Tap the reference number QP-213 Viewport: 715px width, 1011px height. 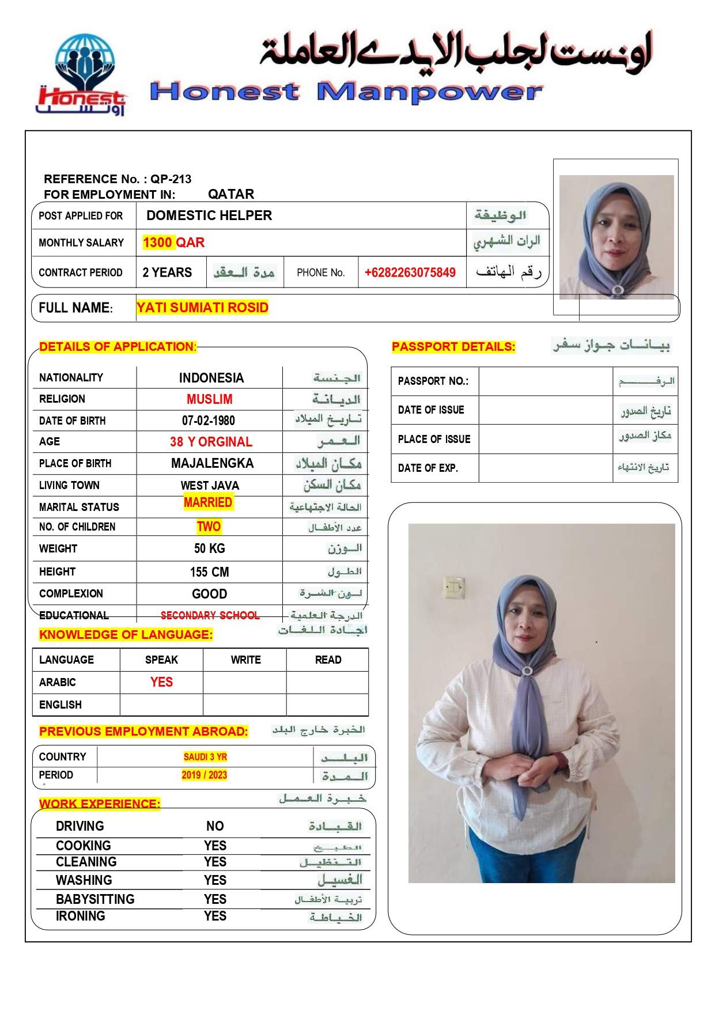pyautogui.click(x=171, y=179)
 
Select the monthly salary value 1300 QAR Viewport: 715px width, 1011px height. pyautogui.click(x=173, y=243)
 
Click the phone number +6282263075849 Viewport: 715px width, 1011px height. pyautogui.click(x=410, y=272)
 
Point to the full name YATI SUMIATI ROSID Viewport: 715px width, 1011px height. pyautogui.click(x=202, y=308)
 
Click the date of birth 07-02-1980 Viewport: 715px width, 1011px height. pyautogui.click(x=208, y=421)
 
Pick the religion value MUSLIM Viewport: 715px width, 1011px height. pyautogui.click(x=209, y=399)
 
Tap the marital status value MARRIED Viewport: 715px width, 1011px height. pyautogui.click(x=208, y=502)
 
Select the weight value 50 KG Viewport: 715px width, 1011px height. pyautogui.click(x=209, y=548)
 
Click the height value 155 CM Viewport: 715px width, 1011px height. pyautogui.click(x=209, y=572)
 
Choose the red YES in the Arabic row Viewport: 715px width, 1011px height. pyautogui.click(x=161, y=682)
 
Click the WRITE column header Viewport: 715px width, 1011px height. pyautogui.click(x=245, y=660)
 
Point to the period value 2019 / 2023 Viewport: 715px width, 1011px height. pyautogui.click(x=204, y=775)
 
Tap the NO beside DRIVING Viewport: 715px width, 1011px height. pyautogui.click(x=215, y=826)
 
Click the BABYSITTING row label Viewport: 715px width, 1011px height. pyautogui.click(x=95, y=899)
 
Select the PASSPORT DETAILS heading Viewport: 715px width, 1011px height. pyautogui.click(x=453, y=347)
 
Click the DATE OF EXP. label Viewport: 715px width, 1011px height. pyautogui.click(x=428, y=468)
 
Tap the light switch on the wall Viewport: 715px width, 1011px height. pyautogui.click(x=454, y=586)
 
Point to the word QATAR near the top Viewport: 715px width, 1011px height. pyautogui.click(x=231, y=194)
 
